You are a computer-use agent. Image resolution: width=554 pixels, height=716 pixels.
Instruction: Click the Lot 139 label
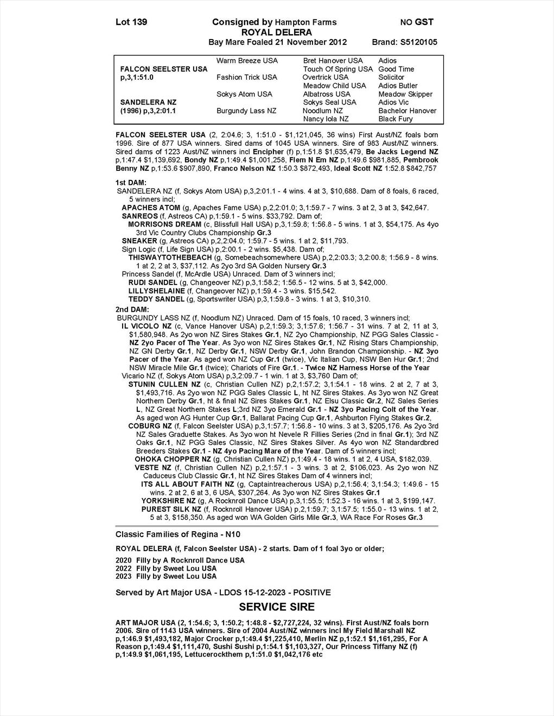coord(131,22)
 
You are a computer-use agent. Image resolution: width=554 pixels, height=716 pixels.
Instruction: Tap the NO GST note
coord(417,22)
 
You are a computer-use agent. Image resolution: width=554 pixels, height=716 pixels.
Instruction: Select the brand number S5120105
coord(418,42)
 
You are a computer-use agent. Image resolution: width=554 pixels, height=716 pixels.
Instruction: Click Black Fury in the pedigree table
coord(396,119)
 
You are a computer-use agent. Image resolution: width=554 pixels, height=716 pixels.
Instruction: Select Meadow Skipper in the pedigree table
coord(405,94)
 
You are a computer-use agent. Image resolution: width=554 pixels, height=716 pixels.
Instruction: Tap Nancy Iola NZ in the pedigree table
coord(326,119)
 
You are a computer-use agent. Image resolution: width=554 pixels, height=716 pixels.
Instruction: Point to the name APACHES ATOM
coord(151,208)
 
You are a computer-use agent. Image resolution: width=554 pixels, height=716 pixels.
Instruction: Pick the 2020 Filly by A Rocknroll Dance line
coord(180,560)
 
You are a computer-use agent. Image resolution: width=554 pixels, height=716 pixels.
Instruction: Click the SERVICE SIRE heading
coord(277,607)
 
